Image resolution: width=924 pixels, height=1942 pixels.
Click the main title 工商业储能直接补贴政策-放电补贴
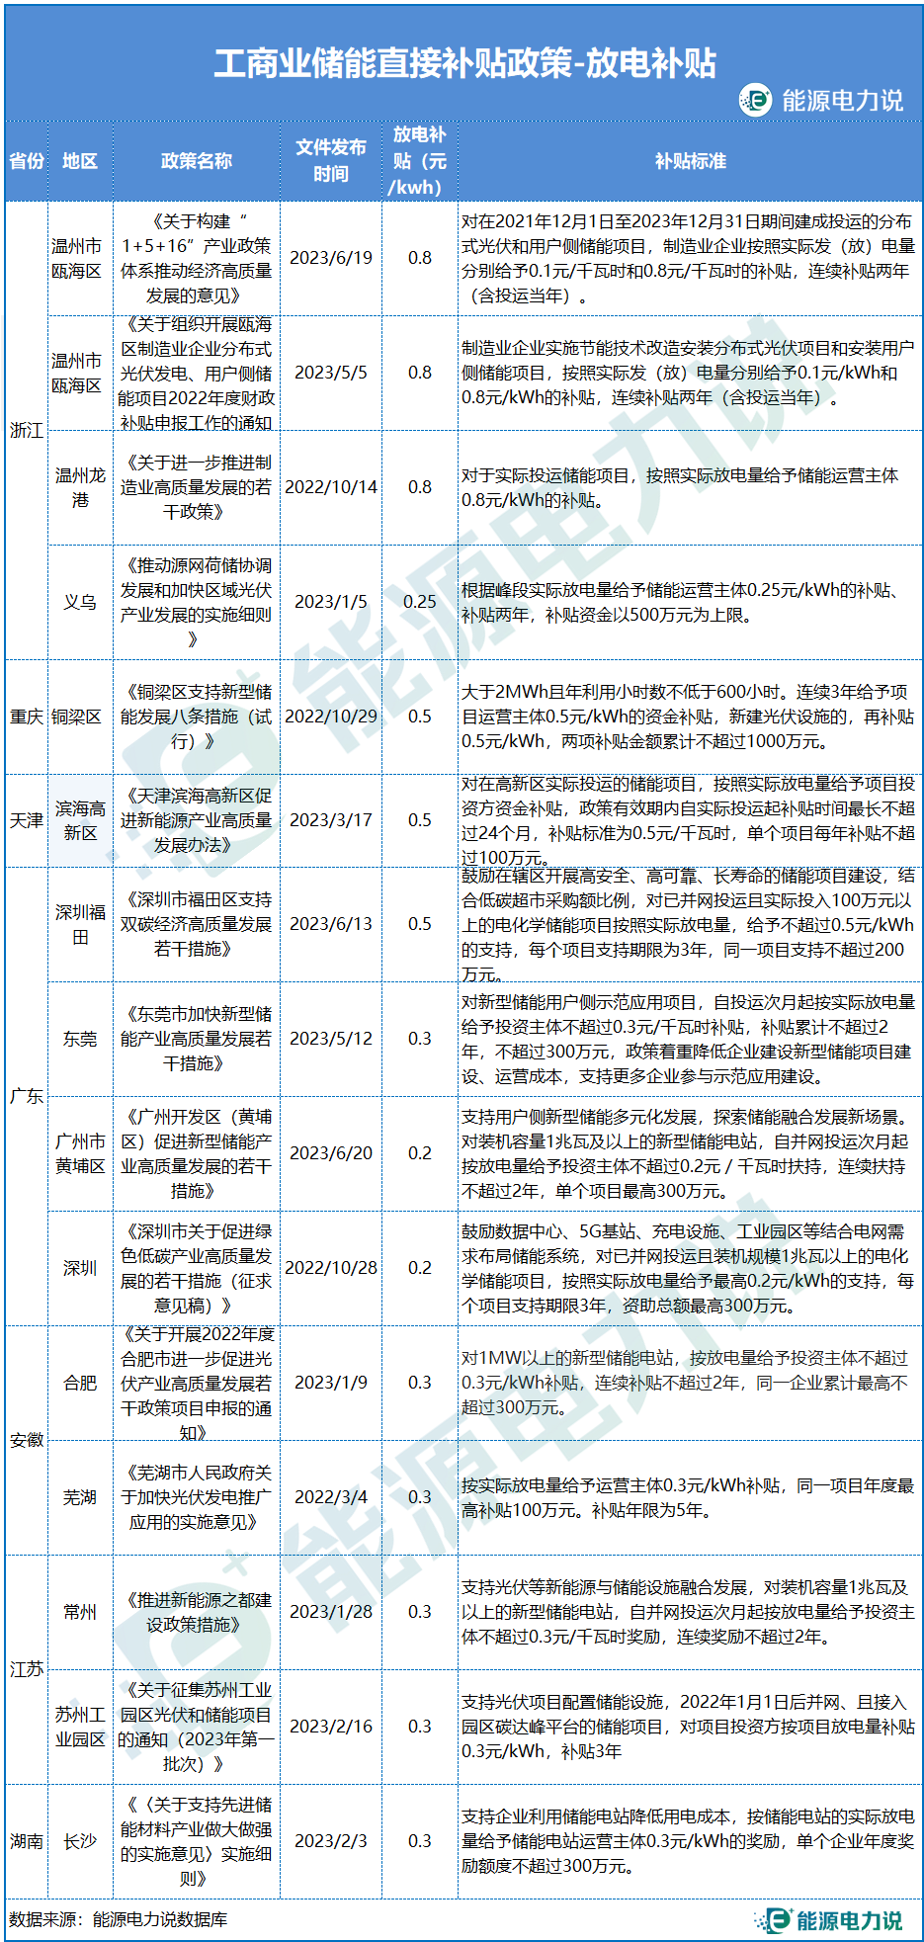point(464,63)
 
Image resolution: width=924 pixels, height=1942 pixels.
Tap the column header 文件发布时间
point(331,160)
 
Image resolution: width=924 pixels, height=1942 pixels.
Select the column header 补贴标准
point(690,161)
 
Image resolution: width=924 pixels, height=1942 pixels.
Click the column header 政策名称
point(196,161)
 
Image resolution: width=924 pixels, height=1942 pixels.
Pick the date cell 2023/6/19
point(331,258)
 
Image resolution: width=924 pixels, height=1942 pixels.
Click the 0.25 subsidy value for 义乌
point(420,602)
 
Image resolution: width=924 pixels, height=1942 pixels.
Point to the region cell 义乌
point(80,602)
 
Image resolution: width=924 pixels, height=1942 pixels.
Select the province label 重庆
point(27,717)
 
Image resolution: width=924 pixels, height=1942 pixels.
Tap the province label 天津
point(27,820)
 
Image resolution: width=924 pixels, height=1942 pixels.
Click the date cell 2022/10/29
point(331,717)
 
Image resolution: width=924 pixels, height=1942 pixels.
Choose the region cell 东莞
point(80,1039)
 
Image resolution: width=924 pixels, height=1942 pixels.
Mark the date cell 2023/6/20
point(331,1153)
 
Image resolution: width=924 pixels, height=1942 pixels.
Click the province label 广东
point(27,1096)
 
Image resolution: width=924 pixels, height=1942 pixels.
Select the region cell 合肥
point(80,1383)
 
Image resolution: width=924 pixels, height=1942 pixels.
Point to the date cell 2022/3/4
point(331,1497)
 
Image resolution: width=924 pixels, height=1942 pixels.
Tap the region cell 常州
point(80,1612)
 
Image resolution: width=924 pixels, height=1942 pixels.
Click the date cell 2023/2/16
point(331,1727)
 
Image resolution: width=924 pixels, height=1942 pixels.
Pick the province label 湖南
point(27,1841)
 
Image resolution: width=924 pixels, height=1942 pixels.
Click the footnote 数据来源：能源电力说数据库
point(119,1919)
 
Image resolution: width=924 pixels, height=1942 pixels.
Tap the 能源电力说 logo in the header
point(821,100)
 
